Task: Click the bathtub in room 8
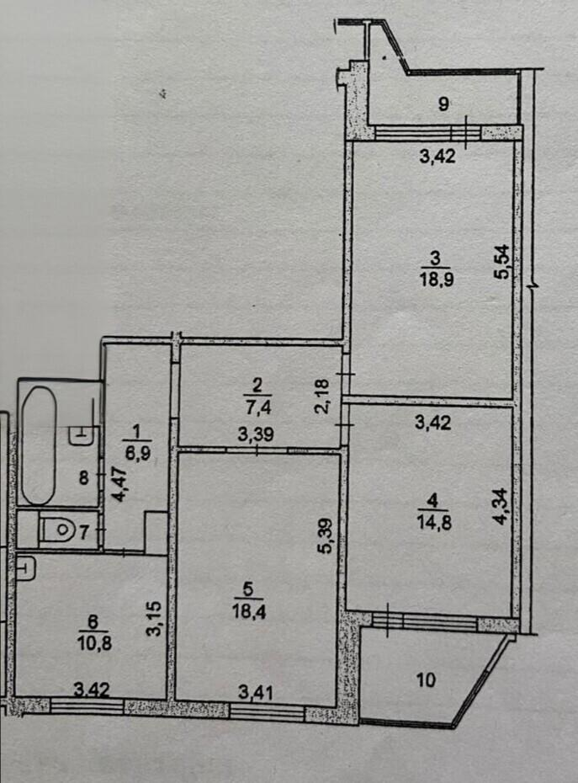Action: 39,445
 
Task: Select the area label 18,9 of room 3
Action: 437,279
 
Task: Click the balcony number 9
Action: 443,104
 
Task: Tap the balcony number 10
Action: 426,679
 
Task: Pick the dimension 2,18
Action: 322,397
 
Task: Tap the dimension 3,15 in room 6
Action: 155,619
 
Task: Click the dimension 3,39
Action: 256,434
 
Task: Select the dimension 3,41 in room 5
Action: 256,692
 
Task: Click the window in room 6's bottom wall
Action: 87,706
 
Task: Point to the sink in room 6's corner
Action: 25,568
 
